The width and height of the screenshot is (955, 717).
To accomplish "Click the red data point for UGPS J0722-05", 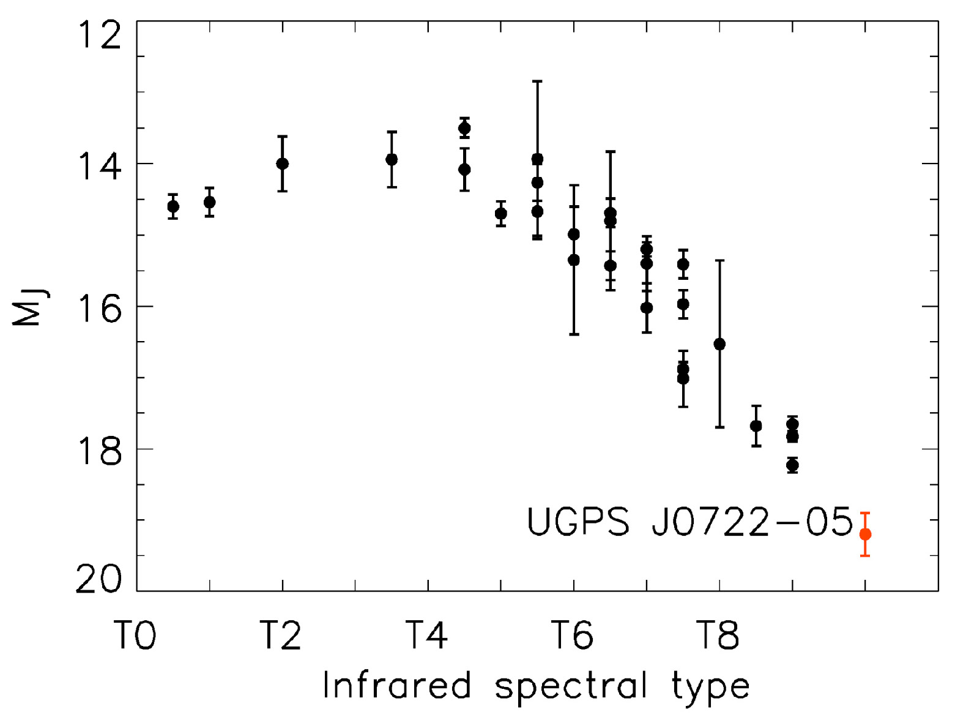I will pyautogui.click(x=865, y=535).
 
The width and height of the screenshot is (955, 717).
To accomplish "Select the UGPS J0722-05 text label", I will pyautogui.click(x=689, y=522).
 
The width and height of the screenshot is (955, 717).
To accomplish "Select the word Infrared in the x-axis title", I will pyautogui.click(x=396, y=686).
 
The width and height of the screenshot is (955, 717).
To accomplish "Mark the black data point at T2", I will pyautogui.click(x=282, y=163).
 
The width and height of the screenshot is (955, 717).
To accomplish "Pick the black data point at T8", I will pyautogui.click(x=719, y=344).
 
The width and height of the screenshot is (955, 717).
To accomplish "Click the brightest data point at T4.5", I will pyautogui.click(x=464, y=129).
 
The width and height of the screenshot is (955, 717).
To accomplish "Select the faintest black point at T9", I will pyautogui.click(x=792, y=465).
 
